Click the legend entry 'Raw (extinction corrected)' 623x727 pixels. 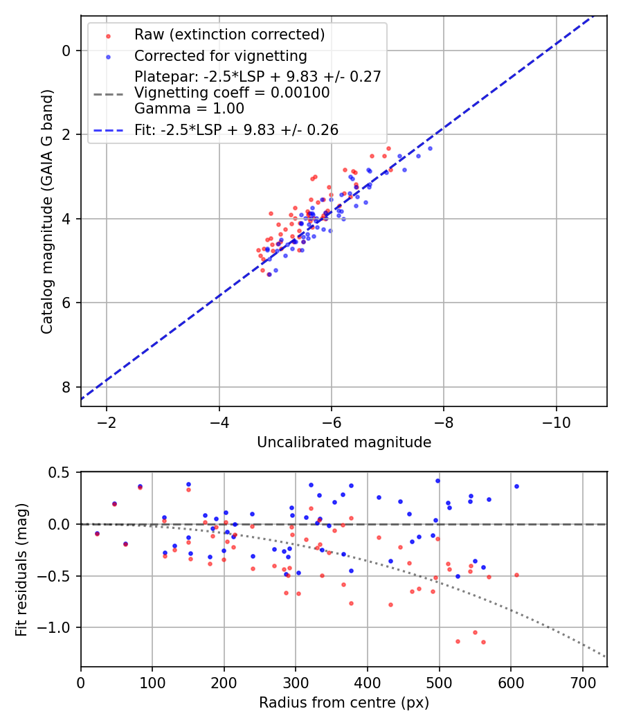pos(229,35)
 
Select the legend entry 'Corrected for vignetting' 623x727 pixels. pos(220,55)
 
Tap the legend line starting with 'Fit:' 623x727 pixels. pos(236,129)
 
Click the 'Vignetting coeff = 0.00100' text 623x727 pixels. pos(232,92)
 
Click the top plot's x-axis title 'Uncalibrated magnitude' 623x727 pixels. pos(344,442)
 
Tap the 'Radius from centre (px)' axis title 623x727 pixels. pos(344,703)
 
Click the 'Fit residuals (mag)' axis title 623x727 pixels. pos(22,569)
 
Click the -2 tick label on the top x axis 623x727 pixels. pos(107,421)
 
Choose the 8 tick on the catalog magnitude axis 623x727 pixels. pos(66,387)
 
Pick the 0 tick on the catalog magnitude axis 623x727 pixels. pos(66,51)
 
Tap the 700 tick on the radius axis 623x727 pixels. pos(582,681)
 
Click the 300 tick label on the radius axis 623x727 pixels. pos(296,681)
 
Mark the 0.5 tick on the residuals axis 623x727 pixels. pos(61,472)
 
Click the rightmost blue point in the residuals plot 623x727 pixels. pos(516,486)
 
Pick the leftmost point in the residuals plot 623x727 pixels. pos(97,533)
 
